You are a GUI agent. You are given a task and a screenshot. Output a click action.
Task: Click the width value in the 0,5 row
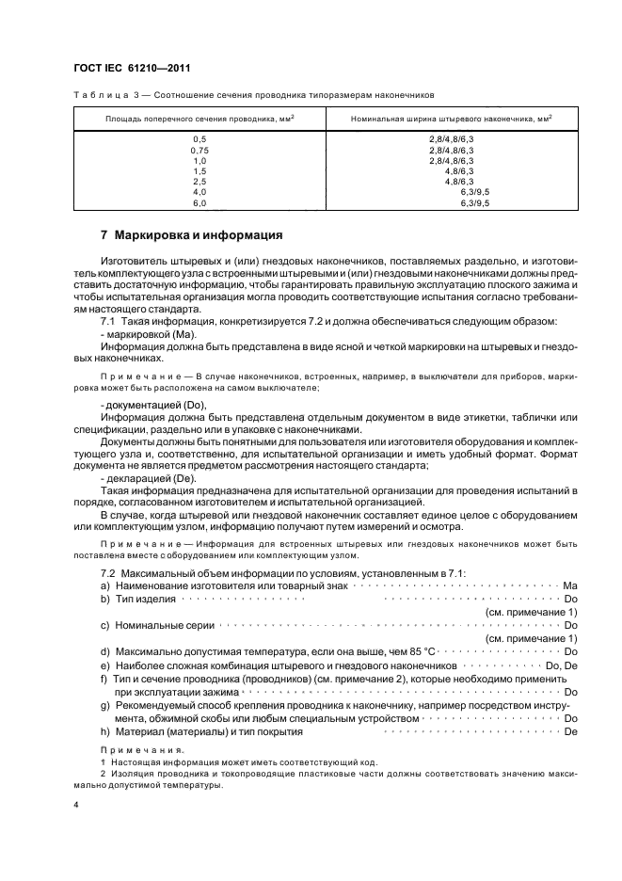tap(451, 139)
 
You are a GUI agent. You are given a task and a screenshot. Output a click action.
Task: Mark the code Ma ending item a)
tap(569, 585)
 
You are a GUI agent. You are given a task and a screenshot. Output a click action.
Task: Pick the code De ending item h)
tap(569, 731)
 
